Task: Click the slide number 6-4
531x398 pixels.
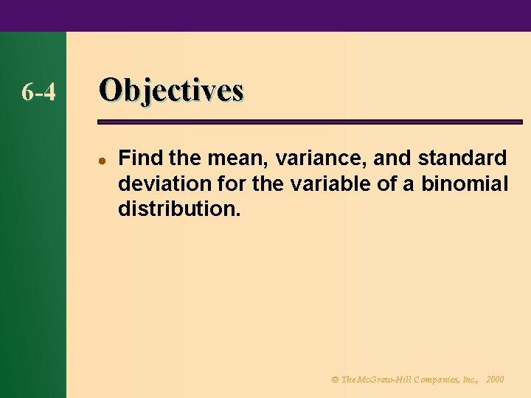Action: coord(38,92)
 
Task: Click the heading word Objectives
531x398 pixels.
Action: coord(171,90)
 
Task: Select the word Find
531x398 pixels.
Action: coord(137,158)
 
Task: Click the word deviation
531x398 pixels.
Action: coord(155,184)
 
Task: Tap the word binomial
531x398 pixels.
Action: coord(465,184)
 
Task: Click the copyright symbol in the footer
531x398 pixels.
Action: coord(334,380)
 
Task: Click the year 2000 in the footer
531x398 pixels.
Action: coord(495,380)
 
